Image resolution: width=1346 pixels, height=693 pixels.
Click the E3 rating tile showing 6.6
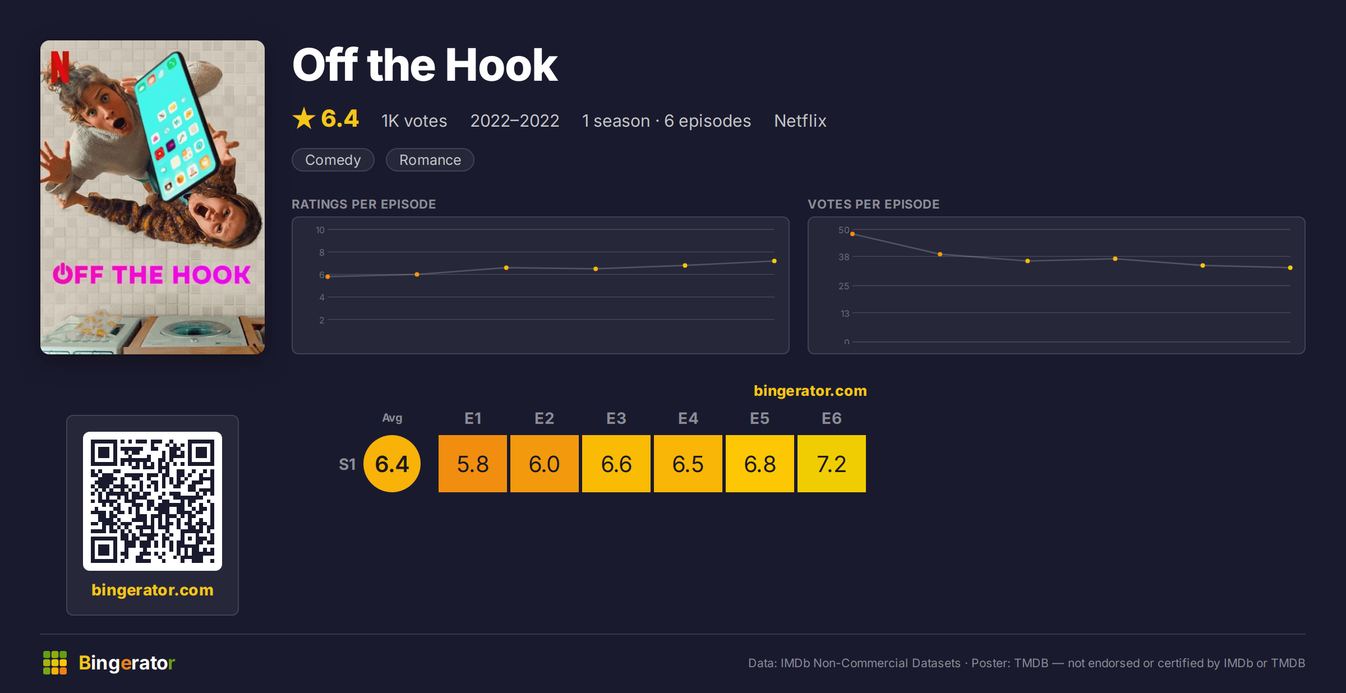616,464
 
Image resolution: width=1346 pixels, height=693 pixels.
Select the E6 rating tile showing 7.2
831,464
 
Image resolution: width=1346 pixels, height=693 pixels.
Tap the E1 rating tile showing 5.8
472,464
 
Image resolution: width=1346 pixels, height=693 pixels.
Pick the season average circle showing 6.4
392,464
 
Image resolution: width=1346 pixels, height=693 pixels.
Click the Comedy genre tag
333,160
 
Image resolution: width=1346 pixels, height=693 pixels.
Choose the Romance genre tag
430,160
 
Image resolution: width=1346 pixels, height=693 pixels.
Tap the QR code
153,501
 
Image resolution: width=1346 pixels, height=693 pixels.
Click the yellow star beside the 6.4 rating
304,118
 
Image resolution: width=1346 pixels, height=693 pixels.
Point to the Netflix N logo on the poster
59,67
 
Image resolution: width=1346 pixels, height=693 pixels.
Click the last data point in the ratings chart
774,261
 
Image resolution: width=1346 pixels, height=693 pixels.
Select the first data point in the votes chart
852,234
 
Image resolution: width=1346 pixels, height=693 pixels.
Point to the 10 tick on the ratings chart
320,230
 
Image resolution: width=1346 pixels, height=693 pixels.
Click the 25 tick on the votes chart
843,286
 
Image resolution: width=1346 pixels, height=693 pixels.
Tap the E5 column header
759,418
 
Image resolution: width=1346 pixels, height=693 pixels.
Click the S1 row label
347,464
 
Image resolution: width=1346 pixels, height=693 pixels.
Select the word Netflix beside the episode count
800,121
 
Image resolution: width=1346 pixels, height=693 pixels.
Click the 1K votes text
414,121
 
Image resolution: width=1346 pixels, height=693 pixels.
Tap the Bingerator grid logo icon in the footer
55,663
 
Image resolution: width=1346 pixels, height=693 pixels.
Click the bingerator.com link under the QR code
153,590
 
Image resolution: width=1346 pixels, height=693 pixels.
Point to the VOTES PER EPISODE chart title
873,204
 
